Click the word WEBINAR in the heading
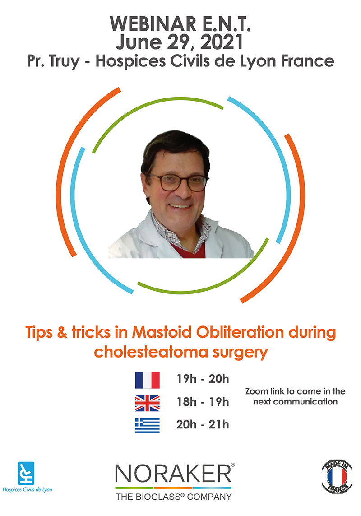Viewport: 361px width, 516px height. pyautogui.click(x=153, y=24)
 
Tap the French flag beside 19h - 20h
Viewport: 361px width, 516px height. pyautogui.click(x=147, y=380)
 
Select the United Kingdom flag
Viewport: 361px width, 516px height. pyautogui.click(x=147, y=403)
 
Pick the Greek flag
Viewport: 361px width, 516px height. pyautogui.click(x=147, y=425)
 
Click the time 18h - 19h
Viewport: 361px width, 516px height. pyautogui.click(x=203, y=402)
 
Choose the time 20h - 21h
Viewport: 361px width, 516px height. pyautogui.click(x=203, y=424)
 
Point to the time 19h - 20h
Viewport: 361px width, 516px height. pyautogui.click(x=203, y=379)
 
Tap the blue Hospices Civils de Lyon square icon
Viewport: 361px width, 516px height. pyautogui.click(x=26, y=473)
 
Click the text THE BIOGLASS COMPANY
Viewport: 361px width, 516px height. pyautogui.click(x=173, y=497)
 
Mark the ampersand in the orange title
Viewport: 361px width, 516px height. pyautogui.click(x=62, y=332)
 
